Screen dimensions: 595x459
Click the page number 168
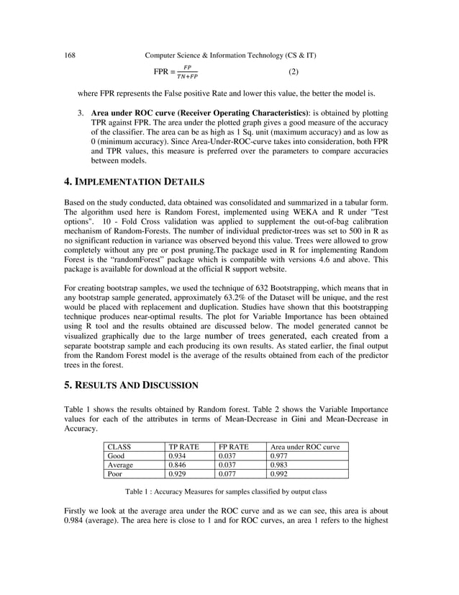[71, 55]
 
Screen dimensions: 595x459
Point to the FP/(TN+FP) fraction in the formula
[187, 72]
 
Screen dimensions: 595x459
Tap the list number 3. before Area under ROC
[81, 115]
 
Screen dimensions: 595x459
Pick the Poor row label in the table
[114, 474]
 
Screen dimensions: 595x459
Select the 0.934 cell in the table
[176, 456]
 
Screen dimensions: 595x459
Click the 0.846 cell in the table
[176, 465]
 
